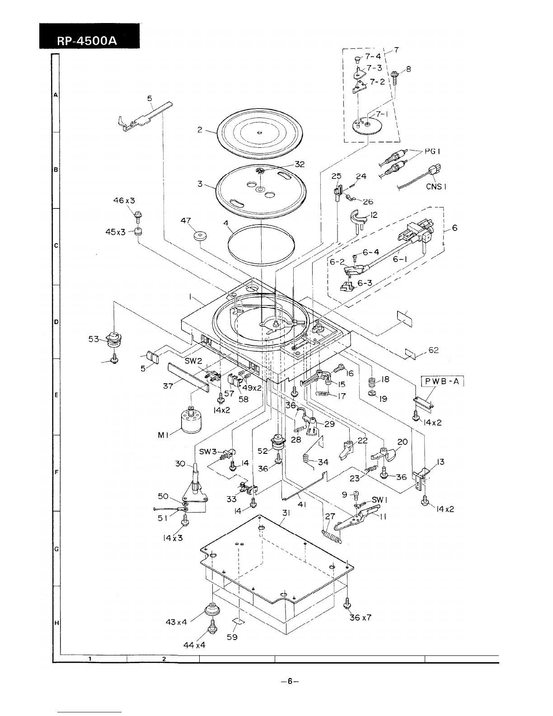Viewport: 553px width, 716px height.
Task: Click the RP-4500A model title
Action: (87, 41)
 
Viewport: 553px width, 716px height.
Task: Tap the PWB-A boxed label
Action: (442, 382)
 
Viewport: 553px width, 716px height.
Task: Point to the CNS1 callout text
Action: (436, 187)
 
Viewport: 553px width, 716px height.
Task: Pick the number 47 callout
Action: (186, 220)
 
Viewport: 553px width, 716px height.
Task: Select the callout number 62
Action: (433, 350)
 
